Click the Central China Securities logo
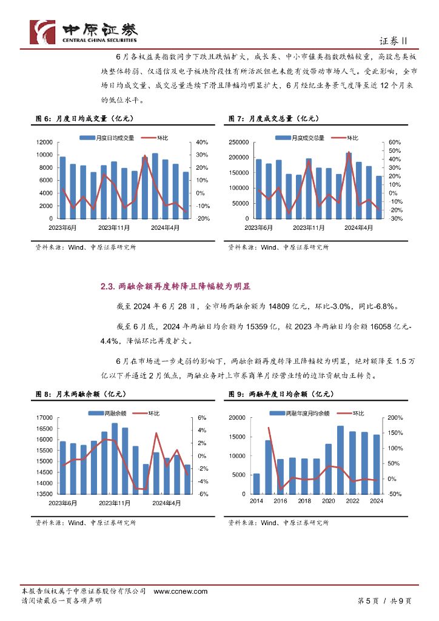tap(84, 32)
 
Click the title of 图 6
tap(78, 118)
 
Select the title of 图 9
tap(281, 394)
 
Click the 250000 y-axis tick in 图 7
tap(240, 142)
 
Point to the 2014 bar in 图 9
tap(256, 483)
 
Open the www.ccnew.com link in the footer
tap(181, 591)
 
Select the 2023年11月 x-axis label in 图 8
tap(115, 503)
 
